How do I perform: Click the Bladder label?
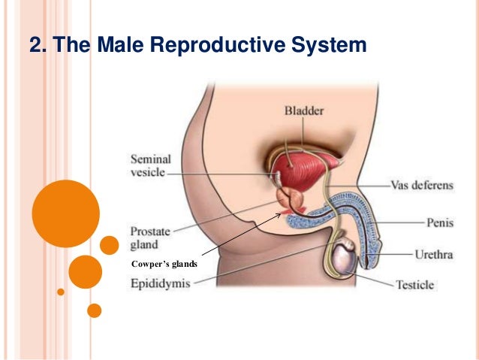pyautogui.click(x=304, y=111)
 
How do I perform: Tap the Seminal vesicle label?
pyautogui.click(x=151, y=165)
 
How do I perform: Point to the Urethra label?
pyautogui.click(x=434, y=255)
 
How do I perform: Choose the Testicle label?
pyautogui.click(x=414, y=285)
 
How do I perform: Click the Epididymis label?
pyautogui.click(x=161, y=283)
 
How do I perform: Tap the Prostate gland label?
pyautogui.click(x=149, y=237)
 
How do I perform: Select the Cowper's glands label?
pyautogui.click(x=164, y=264)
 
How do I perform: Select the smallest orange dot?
pyautogui.click(x=61, y=291)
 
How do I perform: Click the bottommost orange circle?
pyautogui.click(x=94, y=310)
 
